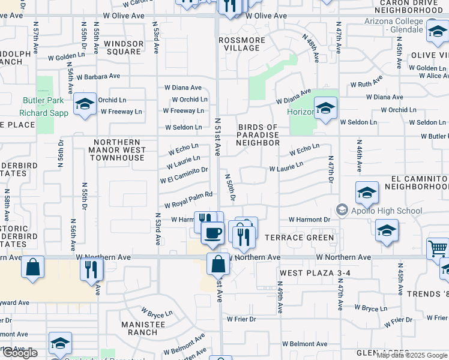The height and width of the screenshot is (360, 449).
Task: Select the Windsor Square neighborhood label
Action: click(123, 47)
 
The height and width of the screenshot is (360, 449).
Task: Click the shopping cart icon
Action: click(438, 247)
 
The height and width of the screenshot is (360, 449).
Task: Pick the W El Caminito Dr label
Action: click(184, 175)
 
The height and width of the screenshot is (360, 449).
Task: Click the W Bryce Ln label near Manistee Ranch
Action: click(157, 313)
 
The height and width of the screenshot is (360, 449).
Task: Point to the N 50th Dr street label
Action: click(230, 187)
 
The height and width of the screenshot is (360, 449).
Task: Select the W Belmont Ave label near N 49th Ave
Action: click(305, 344)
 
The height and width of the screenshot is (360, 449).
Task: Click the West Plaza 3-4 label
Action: click(309, 273)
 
